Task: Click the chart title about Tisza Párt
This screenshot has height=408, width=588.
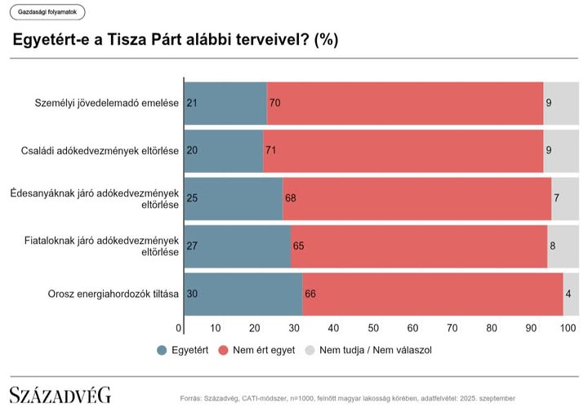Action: (175, 39)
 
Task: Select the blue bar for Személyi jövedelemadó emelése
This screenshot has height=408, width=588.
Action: (225, 103)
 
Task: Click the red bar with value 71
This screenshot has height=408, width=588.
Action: (403, 150)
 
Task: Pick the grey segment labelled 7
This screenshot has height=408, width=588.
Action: (565, 198)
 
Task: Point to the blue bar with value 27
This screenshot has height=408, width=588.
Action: (238, 245)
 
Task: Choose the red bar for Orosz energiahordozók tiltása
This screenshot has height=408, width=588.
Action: (433, 293)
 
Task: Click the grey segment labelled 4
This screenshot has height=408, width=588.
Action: (571, 293)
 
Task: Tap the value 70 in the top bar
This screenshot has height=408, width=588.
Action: (274, 103)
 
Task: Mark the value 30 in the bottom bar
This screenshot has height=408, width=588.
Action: (193, 293)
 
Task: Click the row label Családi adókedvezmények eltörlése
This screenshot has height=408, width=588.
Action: (100, 150)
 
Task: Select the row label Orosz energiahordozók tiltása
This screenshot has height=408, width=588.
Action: (114, 293)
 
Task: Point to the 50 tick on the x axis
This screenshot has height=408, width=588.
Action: (373, 328)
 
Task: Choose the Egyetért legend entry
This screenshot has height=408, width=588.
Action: (182, 350)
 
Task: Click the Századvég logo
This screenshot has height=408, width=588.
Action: (60, 394)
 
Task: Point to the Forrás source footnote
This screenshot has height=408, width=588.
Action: (347, 398)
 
